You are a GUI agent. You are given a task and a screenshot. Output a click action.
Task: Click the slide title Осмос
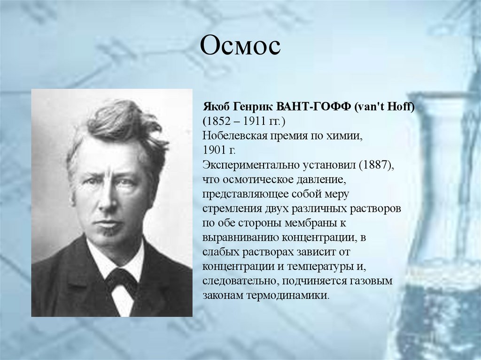[240, 46]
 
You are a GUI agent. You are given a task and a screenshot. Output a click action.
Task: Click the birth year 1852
[220, 122]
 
